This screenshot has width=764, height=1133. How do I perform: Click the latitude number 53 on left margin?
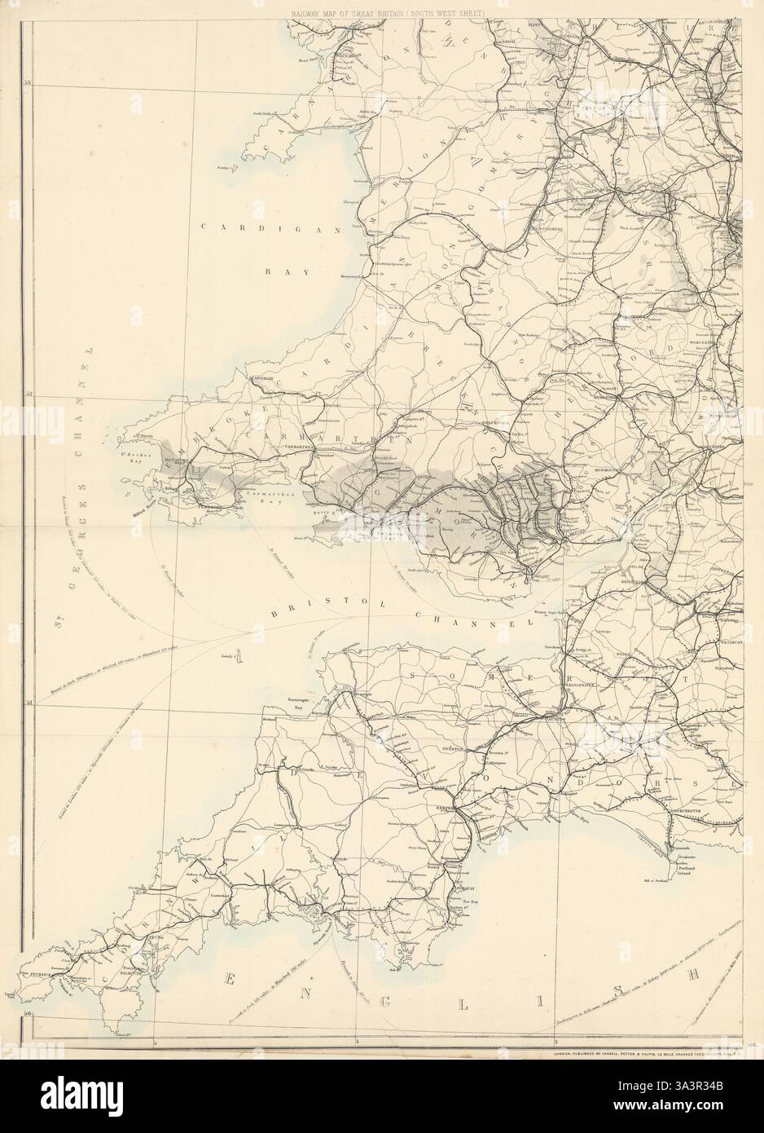27,82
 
